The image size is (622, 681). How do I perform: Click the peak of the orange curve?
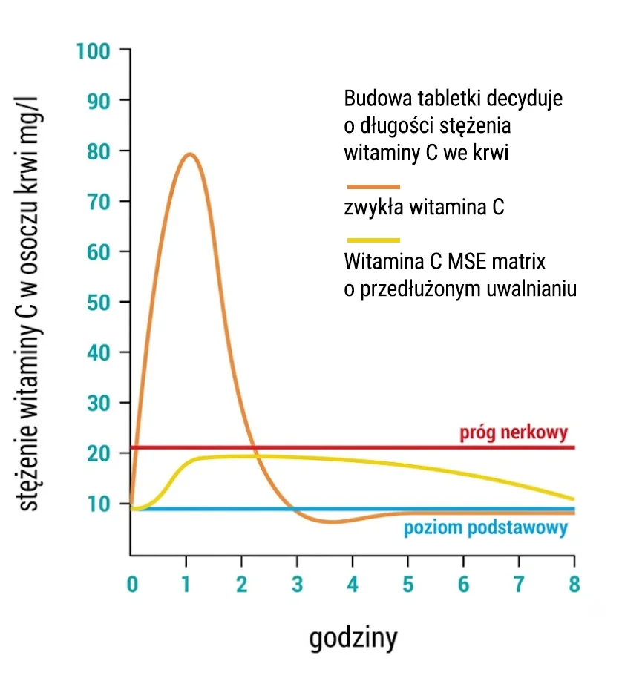[x=189, y=154]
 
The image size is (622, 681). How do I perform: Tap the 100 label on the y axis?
[x=93, y=51]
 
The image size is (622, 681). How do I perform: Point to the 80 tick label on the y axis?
[x=99, y=152]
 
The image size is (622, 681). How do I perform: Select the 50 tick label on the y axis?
[x=99, y=303]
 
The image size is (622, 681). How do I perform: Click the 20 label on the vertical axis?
[x=99, y=454]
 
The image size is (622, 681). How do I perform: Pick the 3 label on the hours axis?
[x=298, y=584]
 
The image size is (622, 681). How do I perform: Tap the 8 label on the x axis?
[x=574, y=584]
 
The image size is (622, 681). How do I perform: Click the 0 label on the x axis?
[x=132, y=584]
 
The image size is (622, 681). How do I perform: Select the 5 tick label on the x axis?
[x=408, y=584]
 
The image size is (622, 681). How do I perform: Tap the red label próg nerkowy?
[x=514, y=433]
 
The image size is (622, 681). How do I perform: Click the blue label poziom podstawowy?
[x=486, y=528]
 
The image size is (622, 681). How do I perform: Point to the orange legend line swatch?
[x=373, y=187]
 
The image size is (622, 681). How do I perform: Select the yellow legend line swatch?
[x=373, y=240]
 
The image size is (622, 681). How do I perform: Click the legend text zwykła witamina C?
[x=425, y=207]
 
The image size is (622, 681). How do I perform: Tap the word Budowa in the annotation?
[x=378, y=98]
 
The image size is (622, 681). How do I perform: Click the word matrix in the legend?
[x=519, y=261]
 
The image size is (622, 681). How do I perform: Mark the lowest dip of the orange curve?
[x=331, y=522]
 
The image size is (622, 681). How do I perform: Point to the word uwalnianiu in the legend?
[x=531, y=289]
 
